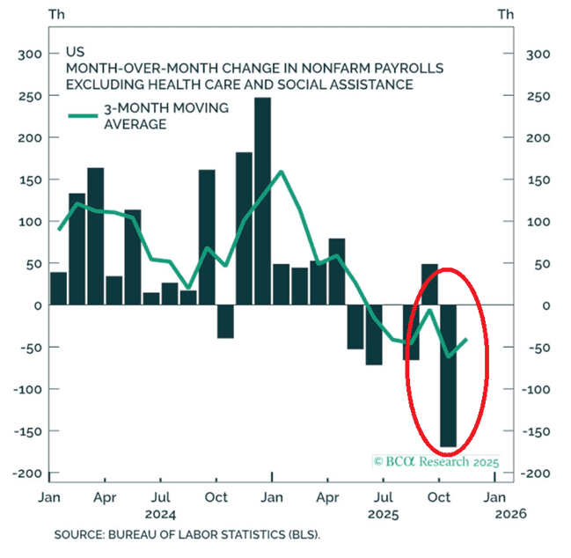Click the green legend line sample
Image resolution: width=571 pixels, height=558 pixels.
click(85, 115)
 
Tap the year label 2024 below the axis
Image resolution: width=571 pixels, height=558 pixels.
click(161, 513)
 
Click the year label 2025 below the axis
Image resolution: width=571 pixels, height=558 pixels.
click(384, 513)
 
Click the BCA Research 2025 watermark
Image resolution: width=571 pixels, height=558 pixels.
click(436, 461)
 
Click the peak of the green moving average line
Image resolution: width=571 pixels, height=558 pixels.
click(281, 172)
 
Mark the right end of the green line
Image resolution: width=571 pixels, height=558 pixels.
click(466, 340)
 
